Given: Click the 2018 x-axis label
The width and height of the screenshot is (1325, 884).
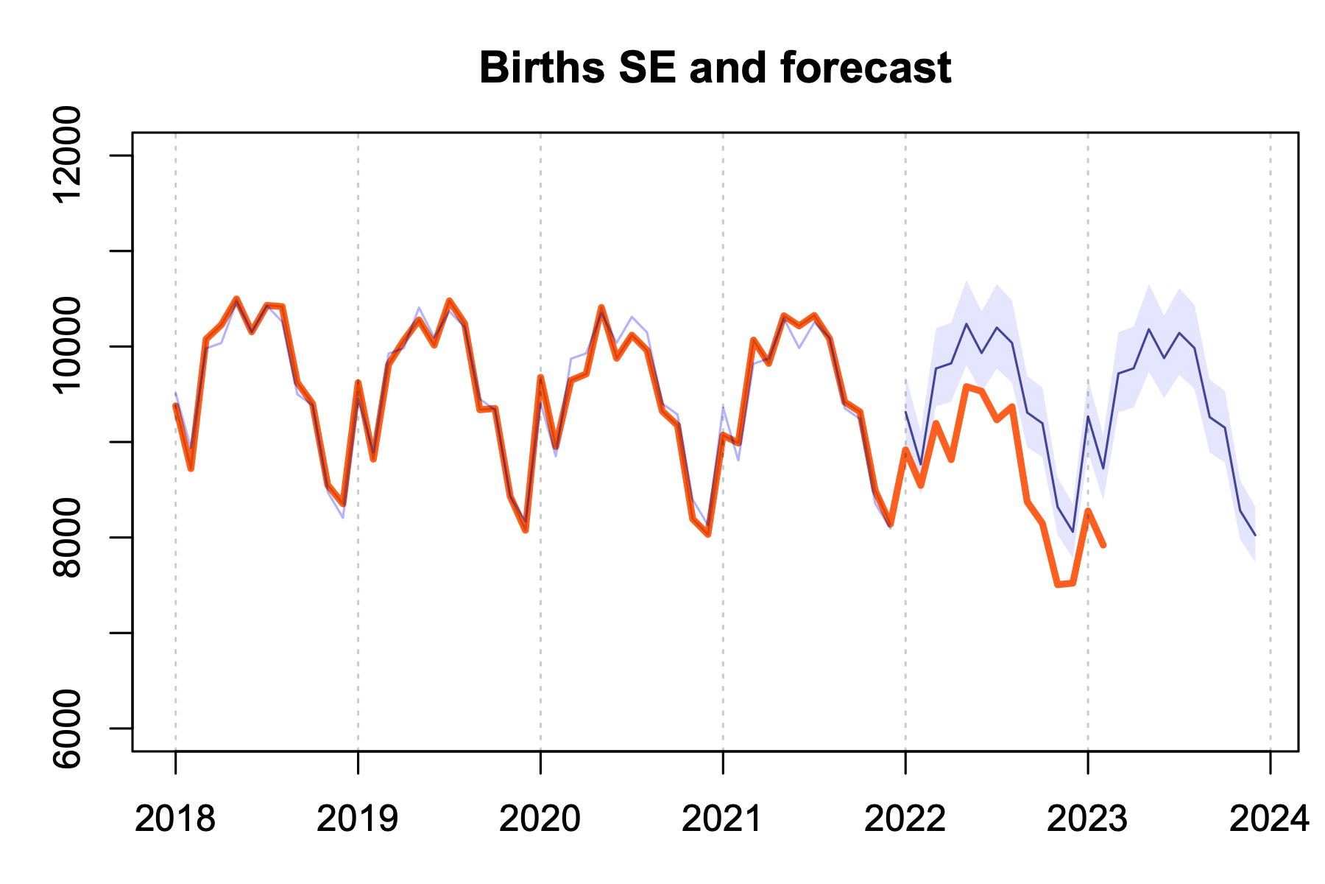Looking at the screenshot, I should point(175,819).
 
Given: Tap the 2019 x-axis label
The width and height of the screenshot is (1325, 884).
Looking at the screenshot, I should point(358,819).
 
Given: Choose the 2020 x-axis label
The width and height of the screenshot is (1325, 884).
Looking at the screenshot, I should point(540,819).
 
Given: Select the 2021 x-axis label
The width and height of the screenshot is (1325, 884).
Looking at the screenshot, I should point(722,819).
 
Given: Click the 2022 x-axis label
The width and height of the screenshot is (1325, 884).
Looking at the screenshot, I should point(905,819).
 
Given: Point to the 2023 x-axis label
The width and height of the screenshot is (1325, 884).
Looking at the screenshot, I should point(1087,819).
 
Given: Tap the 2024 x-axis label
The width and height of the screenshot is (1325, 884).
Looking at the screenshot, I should point(1270,819).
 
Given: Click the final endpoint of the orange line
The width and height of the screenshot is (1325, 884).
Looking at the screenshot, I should point(1103,545).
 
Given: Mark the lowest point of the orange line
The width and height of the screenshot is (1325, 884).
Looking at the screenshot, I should point(1058,585).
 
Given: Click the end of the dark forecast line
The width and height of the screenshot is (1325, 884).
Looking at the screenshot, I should point(1255,536).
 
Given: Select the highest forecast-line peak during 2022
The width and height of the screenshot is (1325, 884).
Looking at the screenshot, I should point(966,324).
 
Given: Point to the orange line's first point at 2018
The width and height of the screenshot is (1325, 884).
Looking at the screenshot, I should point(175,405).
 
